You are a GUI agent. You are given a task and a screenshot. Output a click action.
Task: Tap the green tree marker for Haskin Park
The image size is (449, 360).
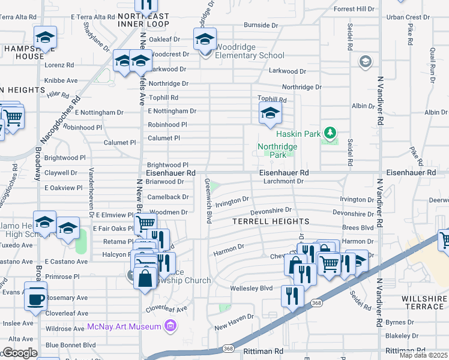[x=328, y=132]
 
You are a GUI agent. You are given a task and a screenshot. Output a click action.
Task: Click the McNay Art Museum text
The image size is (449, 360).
[x=124, y=326]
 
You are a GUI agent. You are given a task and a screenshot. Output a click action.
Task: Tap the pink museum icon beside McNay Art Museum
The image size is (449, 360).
[x=171, y=326]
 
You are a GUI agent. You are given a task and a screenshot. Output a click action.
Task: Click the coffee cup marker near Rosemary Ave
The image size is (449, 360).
[x=36, y=296]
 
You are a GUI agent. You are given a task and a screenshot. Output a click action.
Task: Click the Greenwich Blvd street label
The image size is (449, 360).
[x=208, y=199]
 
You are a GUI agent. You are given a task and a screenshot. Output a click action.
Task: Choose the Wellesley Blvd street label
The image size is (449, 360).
[x=252, y=288]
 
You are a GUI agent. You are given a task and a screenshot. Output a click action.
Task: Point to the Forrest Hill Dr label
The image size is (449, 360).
[x=354, y=9]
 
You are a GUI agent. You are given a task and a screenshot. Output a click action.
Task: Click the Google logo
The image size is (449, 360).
[x=20, y=353]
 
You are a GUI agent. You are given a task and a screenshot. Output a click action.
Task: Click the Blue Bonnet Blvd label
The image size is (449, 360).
[x=70, y=345]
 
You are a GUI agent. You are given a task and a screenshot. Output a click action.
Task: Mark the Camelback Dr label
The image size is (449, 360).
[x=168, y=197]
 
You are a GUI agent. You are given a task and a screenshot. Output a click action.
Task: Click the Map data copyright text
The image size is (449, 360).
[x=424, y=355]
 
